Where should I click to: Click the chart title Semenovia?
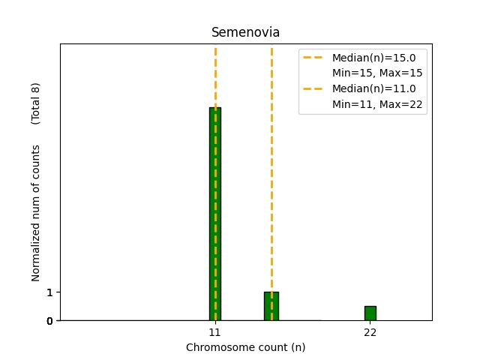245,33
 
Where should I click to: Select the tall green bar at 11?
215,214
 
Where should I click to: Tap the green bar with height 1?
271,306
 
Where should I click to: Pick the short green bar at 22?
370,313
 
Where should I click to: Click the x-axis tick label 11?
214,331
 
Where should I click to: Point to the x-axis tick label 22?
370,331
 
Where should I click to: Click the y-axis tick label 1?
50,292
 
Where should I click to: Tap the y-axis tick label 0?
50,321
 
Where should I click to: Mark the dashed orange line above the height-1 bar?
271,165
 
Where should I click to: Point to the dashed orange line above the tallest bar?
215,75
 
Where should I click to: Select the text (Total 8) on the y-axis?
36,103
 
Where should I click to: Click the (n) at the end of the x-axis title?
298,347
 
